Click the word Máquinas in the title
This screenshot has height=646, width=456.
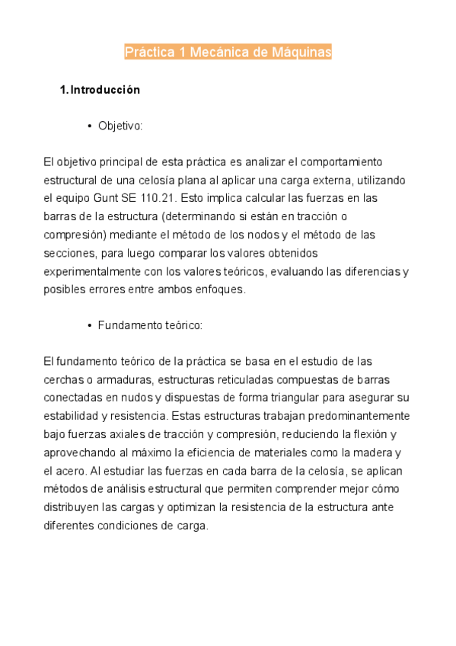301,53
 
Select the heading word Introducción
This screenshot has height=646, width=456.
105,90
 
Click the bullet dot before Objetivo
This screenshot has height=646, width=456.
90,126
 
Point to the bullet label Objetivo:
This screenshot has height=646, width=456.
120,126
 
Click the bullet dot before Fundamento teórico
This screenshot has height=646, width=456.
90,325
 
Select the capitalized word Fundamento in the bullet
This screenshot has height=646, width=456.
127,325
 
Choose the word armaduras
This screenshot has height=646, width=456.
113,379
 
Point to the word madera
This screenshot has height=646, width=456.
373,453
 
